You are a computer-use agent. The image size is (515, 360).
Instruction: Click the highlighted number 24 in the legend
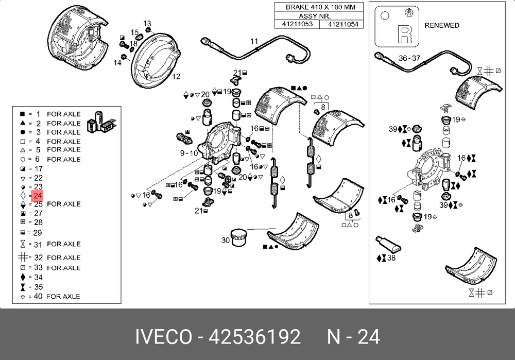(38, 196)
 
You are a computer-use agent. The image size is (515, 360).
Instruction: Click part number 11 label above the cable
(254, 41)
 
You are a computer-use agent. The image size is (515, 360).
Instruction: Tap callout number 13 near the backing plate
(147, 24)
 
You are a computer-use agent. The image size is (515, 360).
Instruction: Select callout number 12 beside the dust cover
(176, 77)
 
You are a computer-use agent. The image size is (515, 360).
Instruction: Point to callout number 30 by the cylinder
(226, 240)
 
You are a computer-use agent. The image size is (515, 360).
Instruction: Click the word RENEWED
(442, 25)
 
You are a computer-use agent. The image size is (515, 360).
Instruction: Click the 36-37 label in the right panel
(410, 58)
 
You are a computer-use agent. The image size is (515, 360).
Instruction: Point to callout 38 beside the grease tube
(391, 258)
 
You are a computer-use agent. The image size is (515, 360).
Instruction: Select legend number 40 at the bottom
(38, 296)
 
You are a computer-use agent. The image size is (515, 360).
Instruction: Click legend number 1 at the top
(38, 114)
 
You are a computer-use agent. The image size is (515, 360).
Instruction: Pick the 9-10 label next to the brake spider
(188, 153)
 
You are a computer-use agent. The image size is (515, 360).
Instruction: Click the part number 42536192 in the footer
(254, 336)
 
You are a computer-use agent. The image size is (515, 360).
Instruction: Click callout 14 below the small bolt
(117, 63)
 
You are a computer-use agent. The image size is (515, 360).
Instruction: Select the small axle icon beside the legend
(101, 122)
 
